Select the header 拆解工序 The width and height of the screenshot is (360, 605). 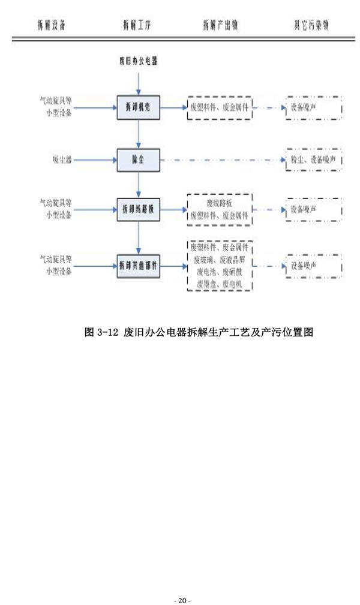[x=137, y=25]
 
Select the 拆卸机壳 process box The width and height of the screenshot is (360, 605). [x=139, y=107]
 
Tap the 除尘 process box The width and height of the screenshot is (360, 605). [x=139, y=159]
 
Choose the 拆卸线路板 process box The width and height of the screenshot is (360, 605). [x=139, y=210]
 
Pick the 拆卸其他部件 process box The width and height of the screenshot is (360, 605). [x=139, y=266]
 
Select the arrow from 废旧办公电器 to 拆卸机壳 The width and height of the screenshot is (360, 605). [x=139, y=82]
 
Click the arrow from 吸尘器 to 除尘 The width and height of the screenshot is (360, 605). [x=96, y=159]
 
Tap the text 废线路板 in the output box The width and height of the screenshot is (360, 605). [x=220, y=203]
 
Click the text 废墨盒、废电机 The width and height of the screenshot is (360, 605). [x=220, y=284]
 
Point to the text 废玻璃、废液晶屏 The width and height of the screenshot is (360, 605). [x=220, y=260]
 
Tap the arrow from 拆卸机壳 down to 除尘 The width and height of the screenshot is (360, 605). [x=139, y=133]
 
